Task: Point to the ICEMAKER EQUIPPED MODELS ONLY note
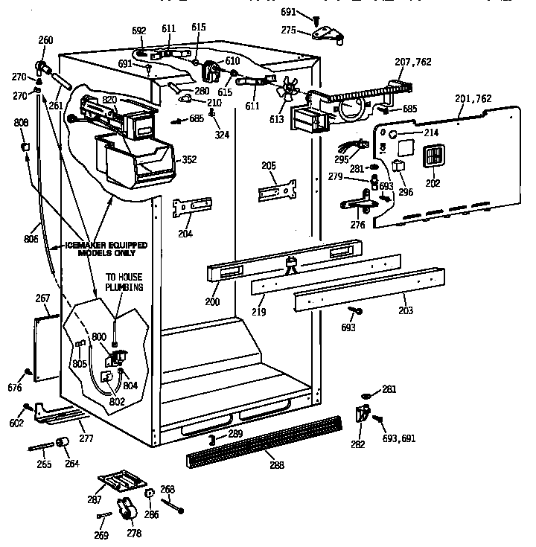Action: coord(104,248)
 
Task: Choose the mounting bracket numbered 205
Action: coord(278,189)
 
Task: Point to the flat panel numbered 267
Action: coord(47,348)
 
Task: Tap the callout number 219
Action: coord(258,312)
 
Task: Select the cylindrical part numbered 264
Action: coord(63,444)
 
